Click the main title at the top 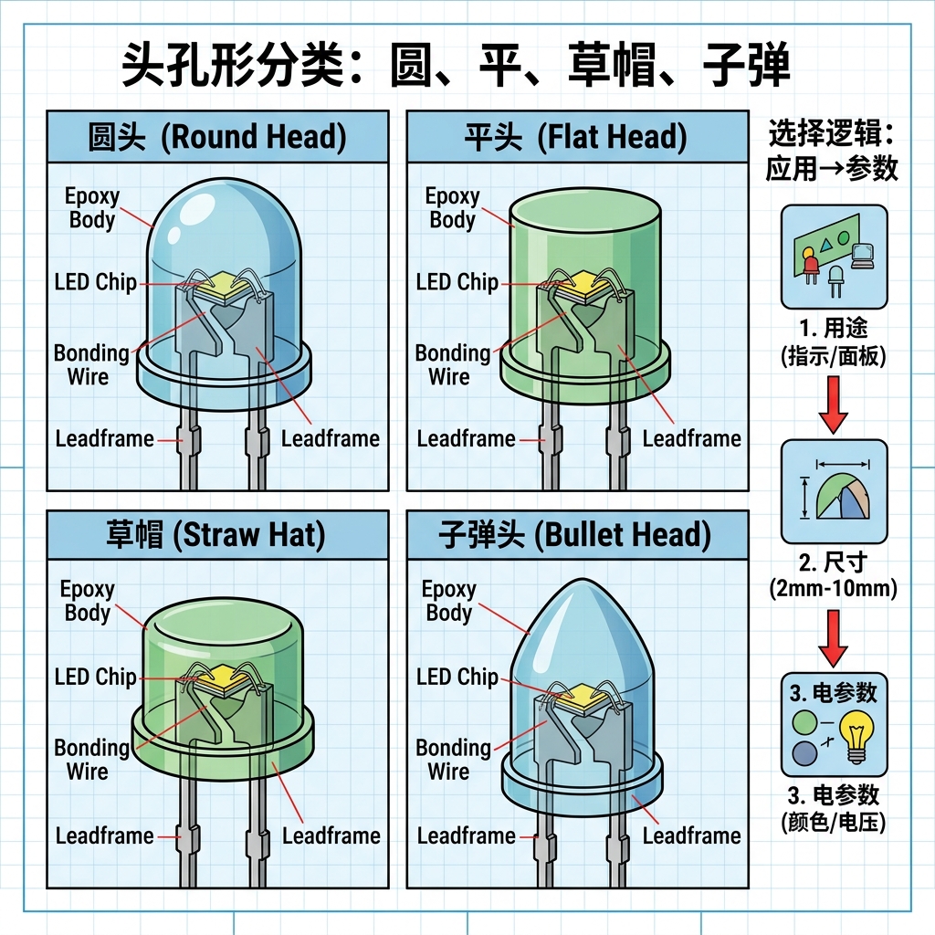(x=456, y=68)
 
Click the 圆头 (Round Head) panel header (x=217, y=138)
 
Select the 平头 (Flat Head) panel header (x=576, y=138)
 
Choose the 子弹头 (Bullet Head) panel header (x=576, y=535)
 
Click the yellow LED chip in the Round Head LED (x=225, y=288)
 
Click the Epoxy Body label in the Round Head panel (x=91, y=208)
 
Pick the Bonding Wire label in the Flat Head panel (x=452, y=364)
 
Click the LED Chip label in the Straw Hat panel (x=96, y=678)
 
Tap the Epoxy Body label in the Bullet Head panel (x=448, y=601)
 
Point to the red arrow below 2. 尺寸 (x=833, y=637)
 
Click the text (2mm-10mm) (x=833, y=589)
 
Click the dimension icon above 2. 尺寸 (x=834, y=491)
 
